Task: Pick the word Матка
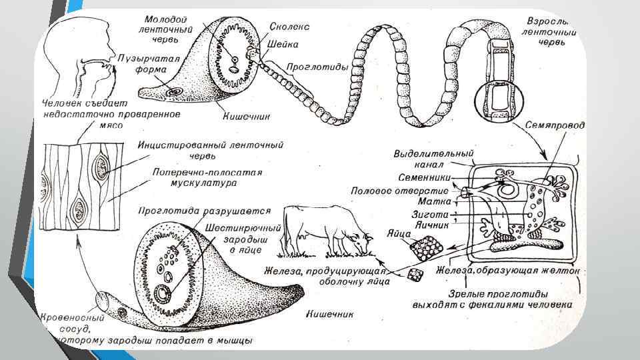click(433, 203)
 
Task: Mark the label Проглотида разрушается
click(203, 211)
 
